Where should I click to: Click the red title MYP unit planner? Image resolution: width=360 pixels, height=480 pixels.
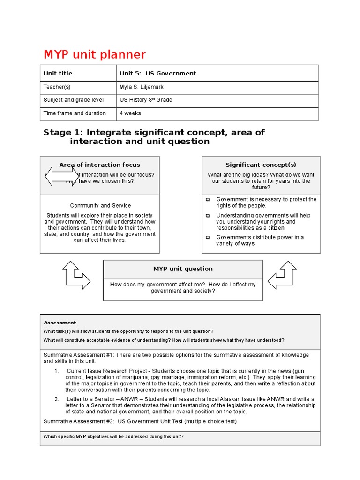click(x=94, y=55)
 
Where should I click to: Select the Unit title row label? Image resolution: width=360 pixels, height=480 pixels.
click(x=58, y=73)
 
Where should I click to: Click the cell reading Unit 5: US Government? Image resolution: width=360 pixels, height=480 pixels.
click(x=157, y=73)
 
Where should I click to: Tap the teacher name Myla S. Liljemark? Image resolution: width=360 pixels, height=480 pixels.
click(x=142, y=87)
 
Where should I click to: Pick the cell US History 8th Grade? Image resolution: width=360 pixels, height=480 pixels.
click(x=146, y=100)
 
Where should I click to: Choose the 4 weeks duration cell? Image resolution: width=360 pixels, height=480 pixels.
click(x=130, y=113)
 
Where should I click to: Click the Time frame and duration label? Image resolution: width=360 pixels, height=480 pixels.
click(x=75, y=113)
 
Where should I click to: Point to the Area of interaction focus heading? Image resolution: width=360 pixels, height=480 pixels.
click(x=99, y=165)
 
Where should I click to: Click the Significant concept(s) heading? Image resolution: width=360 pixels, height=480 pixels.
click(x=261, y=165)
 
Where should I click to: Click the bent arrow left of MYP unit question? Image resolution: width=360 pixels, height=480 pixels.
click(x=76, y=275)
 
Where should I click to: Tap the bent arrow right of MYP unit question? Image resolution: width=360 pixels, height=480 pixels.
click(x=282, y=275)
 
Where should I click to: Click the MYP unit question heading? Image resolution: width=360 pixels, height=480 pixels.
click(x=183, y=269)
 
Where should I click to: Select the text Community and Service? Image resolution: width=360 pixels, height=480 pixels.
click(x=100, y=205)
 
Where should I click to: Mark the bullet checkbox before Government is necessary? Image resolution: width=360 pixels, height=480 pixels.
click(x=208, y=199)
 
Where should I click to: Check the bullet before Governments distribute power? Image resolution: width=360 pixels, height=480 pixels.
click(x=208, y=237)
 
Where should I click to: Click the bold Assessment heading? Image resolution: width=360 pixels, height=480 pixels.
click(x=60, y=322)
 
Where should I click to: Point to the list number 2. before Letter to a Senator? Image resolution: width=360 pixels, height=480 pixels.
click(x=56, y=399)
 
